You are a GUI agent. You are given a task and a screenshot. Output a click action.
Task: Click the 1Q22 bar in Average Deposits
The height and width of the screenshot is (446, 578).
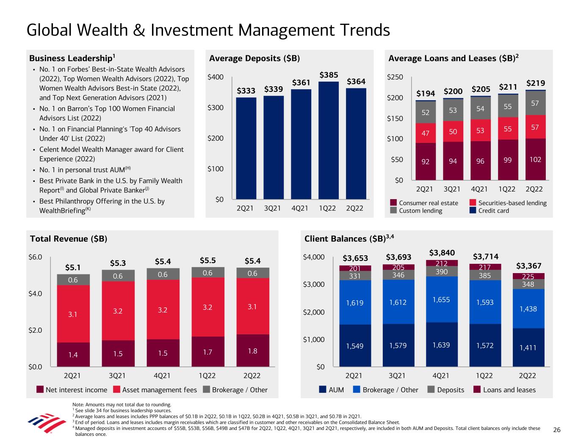(x=329, y=140)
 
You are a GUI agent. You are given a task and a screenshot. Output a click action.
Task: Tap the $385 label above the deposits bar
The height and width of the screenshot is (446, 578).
(x=329, y=75)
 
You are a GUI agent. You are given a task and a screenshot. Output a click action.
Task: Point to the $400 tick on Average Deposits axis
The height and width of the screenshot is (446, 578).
(x=216, y=77)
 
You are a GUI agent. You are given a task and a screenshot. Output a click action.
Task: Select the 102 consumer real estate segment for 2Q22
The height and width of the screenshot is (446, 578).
(x=535, y=159)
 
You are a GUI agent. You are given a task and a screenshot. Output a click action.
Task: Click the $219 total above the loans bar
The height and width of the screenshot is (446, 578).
(x=535, y=83)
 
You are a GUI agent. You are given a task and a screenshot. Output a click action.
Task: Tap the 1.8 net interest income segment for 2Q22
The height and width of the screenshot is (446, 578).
(x=252, y=351)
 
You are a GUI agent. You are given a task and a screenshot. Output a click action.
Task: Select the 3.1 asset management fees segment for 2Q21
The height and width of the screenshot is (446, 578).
(x=73, y=314)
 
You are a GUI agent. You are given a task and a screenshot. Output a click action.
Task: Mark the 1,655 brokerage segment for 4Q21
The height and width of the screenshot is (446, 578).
(x=441, y=300)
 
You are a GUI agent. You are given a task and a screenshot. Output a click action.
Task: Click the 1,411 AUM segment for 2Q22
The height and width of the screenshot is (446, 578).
(x=528, y=347)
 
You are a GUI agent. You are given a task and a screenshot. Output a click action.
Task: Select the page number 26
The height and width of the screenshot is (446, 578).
(x=557, y=430)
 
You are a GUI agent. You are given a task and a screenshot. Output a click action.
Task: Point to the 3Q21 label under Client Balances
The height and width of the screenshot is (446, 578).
(x=397, y=375)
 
